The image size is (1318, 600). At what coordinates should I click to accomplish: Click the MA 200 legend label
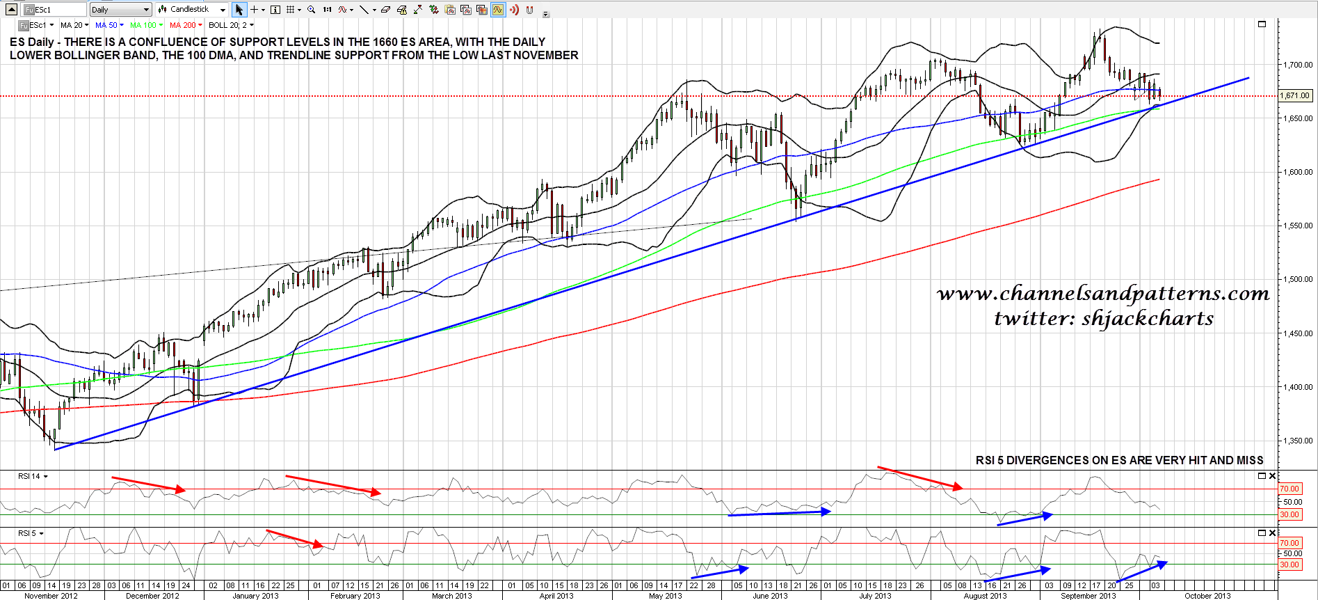click(x=183, y=25)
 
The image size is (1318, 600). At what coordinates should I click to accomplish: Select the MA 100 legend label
click(x=143, y=25)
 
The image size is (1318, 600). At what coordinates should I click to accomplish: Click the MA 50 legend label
click(x=106, y=25)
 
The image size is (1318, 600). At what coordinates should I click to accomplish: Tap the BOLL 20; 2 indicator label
click(x=227, y=25)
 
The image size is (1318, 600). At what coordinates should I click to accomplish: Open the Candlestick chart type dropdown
click(x=192, y=10)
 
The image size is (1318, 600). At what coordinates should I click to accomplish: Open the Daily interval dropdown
click(x=120, y=10)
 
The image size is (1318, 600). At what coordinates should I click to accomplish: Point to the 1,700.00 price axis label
click(x=1298, y=65)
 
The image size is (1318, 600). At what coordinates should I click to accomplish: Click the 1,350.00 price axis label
click(x=1298, y=441)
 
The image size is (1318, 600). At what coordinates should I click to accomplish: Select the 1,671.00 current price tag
click(x=1294, y=96)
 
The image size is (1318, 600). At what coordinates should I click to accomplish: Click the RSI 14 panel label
click(x=29, y=476)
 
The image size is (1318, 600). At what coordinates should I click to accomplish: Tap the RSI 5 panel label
click(x=27, y=533)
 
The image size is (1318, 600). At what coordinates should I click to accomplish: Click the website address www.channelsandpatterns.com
click(x=1103, y=294)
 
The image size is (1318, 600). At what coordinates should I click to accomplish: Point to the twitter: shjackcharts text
click(x=1103, y=319)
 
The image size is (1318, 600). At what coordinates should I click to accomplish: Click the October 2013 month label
click(x=1207, y=596)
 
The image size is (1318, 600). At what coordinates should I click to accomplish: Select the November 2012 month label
click(x=51, y=596)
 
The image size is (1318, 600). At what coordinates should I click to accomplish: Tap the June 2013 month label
click(x=770, y=596)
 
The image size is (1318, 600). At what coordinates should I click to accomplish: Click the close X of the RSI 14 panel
click(x=1272, y=476)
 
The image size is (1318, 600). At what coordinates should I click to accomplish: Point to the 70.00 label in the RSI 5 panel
click(x=1289, y=543)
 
